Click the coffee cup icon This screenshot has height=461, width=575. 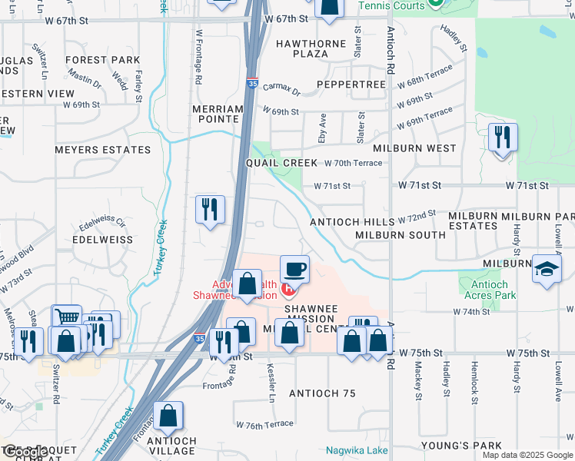click(294, 270)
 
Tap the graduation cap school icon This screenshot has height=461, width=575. click(547, 270)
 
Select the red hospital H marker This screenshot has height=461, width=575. click(289, 289)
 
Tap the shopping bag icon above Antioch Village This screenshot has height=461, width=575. click(168, 417)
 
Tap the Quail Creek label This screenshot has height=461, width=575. click(281, 164)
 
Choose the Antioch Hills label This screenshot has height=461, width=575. click(351, 221)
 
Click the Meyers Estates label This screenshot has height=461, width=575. click(102, 150)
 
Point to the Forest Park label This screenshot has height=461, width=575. click(102, 60)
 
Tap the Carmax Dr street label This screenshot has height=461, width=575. click(281, 91)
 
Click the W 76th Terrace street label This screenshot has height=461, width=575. click(264, 424)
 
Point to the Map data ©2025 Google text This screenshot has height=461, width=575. click(527, 455)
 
